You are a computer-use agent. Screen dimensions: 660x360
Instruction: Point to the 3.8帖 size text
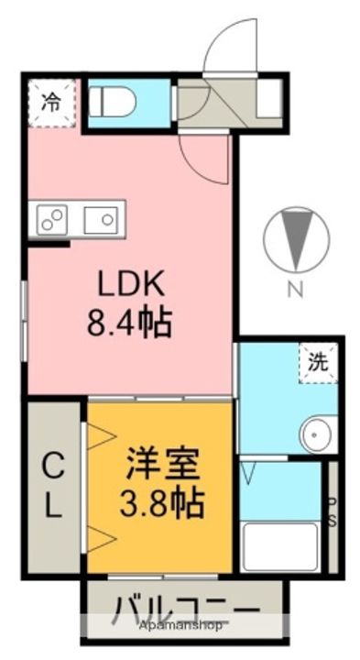tap(161, 500)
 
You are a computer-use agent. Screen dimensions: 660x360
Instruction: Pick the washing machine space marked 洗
tap(317, 362)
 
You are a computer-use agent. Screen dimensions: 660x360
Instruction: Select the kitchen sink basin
tap(100, 219)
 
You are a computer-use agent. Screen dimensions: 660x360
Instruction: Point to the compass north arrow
tap(295, 238)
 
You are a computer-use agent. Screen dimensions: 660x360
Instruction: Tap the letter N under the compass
tap(295, 291)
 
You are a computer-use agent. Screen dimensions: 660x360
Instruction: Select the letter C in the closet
tap(53, 467)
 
